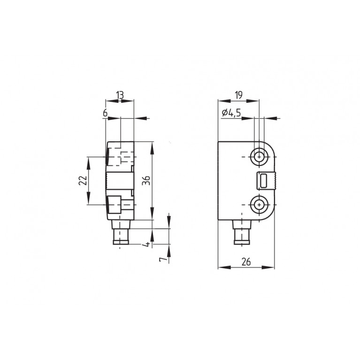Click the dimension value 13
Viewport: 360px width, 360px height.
[x=120, y=95]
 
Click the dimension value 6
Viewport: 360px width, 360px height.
[x=105, y=113]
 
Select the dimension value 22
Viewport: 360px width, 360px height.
[x=83, y=180]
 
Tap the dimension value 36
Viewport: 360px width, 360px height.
[x=146, y=180]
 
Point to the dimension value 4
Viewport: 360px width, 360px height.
[x=146, y=244]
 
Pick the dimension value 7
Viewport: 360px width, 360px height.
[x=163, y=260]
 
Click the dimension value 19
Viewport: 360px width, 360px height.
[x=239, y=95]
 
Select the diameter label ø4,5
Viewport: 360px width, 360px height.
[x=231, y=113]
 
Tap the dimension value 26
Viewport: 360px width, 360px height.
[x=246, y=262]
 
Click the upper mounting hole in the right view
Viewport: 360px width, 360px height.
[x=259, y=157]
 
